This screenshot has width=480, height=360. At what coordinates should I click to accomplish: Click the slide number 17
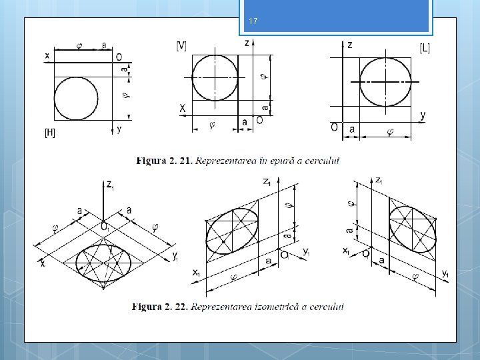(253, 22)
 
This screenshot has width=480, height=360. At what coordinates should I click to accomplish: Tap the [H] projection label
(50, 133)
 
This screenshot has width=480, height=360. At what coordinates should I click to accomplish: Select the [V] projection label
(181, 45)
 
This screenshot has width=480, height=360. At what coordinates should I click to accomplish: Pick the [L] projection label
(425, 47)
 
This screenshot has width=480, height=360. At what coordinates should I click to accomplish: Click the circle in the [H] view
(76, 99)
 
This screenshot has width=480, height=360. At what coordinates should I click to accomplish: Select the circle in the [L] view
(385, 81)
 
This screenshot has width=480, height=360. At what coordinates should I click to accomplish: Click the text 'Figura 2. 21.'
(164, 160)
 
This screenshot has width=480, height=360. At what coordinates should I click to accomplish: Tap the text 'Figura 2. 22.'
(160, 307)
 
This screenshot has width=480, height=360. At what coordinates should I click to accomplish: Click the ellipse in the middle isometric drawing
(233, 231)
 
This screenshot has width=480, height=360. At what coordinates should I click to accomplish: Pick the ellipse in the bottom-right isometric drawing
(411, 231)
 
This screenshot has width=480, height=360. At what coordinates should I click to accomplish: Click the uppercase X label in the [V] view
(181, 108)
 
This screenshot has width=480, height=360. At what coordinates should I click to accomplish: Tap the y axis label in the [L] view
(423, 115)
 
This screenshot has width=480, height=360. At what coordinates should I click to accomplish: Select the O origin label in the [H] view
(119, 57)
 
